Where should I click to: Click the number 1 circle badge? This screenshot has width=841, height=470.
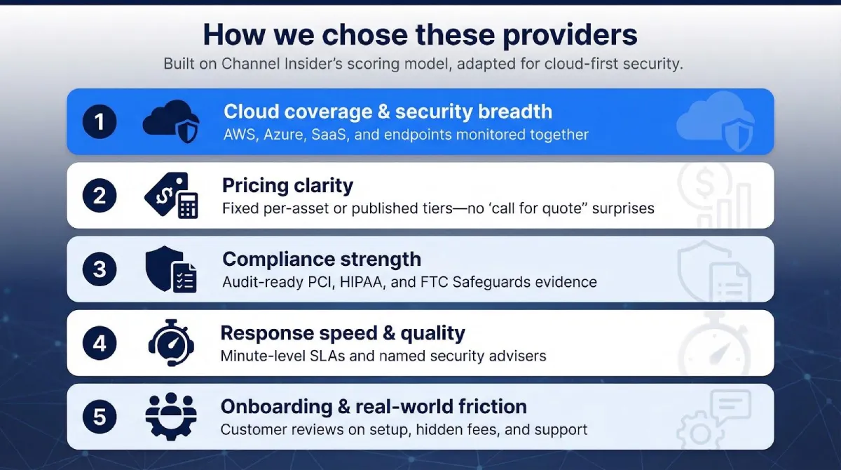pyautogui.click(x=100, y=121)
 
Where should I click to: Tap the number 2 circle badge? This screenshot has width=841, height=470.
pyautogui.click(x=100, y=196)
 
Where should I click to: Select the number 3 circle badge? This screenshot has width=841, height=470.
pyautogui.click(x=100, y=269)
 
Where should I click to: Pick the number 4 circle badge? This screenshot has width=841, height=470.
pyautogui.click(x=100, y=343)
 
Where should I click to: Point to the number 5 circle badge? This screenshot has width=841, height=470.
pyautogui.click(x=100, y=417)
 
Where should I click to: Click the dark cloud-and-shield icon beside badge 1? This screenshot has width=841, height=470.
pyautogui.click(x=170, y=121)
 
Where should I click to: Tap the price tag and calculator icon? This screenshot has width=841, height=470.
pyautogui.click(x=171, y=196)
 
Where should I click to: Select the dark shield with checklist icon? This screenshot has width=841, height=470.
pyautogui.click(x=171, y=269)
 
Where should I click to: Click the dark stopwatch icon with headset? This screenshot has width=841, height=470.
pyautogui.click(x=170, y=343)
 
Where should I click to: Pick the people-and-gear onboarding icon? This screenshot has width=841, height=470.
pyautogui.click(x=170, y=417)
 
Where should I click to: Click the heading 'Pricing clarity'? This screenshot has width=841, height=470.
pyautogui.click(x=287, y=185)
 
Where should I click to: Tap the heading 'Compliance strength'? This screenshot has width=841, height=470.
pyautogui.click(x=322, y=259)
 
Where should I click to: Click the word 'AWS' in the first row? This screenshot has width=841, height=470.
pyautogui.click(x=239, y=134)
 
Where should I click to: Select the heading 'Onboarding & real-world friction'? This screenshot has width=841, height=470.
pyautogui.click(x=374, y=406)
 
